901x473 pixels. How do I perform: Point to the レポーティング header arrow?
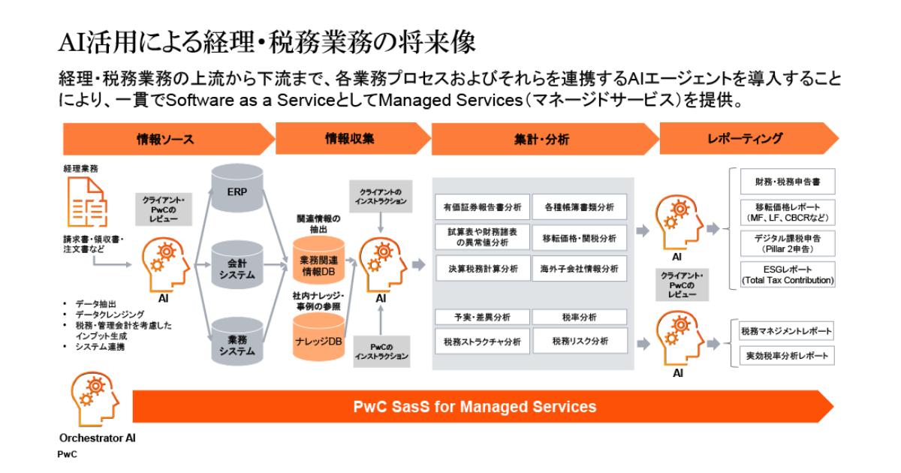(x=746, y=139)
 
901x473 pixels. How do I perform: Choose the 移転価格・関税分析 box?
(x=579, y=238)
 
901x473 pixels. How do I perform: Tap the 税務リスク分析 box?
(x=579, y=341)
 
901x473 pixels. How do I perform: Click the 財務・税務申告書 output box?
(x=787, y=182)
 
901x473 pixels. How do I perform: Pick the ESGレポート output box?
(x=787, y=275)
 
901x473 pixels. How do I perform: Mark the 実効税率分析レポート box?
(x=786, y=355)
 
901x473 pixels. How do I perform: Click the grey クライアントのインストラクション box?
(x=381, y=197)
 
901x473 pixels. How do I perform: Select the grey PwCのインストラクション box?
(x=381, y=351)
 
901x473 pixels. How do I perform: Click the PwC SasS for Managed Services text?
(x=475, y=407)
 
